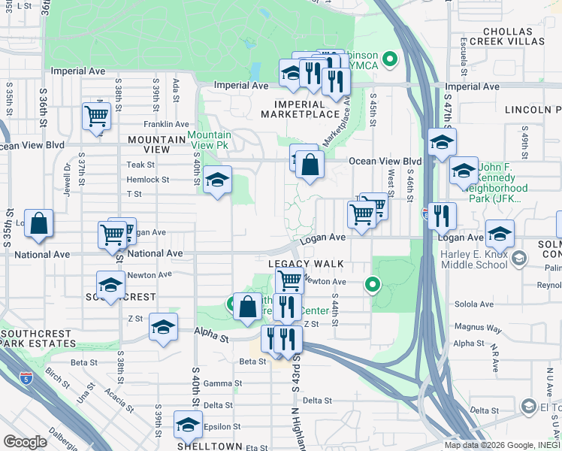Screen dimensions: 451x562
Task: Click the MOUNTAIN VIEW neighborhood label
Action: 156,144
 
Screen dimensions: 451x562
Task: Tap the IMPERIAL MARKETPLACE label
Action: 301,109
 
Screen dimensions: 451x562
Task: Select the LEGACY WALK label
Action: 306,264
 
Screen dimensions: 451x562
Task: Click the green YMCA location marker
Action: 389,58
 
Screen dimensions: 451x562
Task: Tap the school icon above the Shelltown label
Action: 188,425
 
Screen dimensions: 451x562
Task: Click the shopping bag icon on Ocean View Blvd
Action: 310,164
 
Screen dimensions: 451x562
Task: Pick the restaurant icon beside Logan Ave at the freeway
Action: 441,216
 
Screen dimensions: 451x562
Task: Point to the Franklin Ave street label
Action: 166,124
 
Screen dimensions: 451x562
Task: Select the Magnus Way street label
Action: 478,328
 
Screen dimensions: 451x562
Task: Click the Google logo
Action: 25,441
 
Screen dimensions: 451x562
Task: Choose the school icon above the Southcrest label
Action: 110,285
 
